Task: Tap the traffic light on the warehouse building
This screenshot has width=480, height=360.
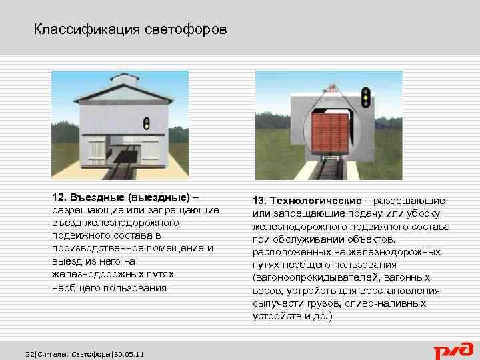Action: click(147, 123)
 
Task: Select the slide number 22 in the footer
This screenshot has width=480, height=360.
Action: click(29, 353)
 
